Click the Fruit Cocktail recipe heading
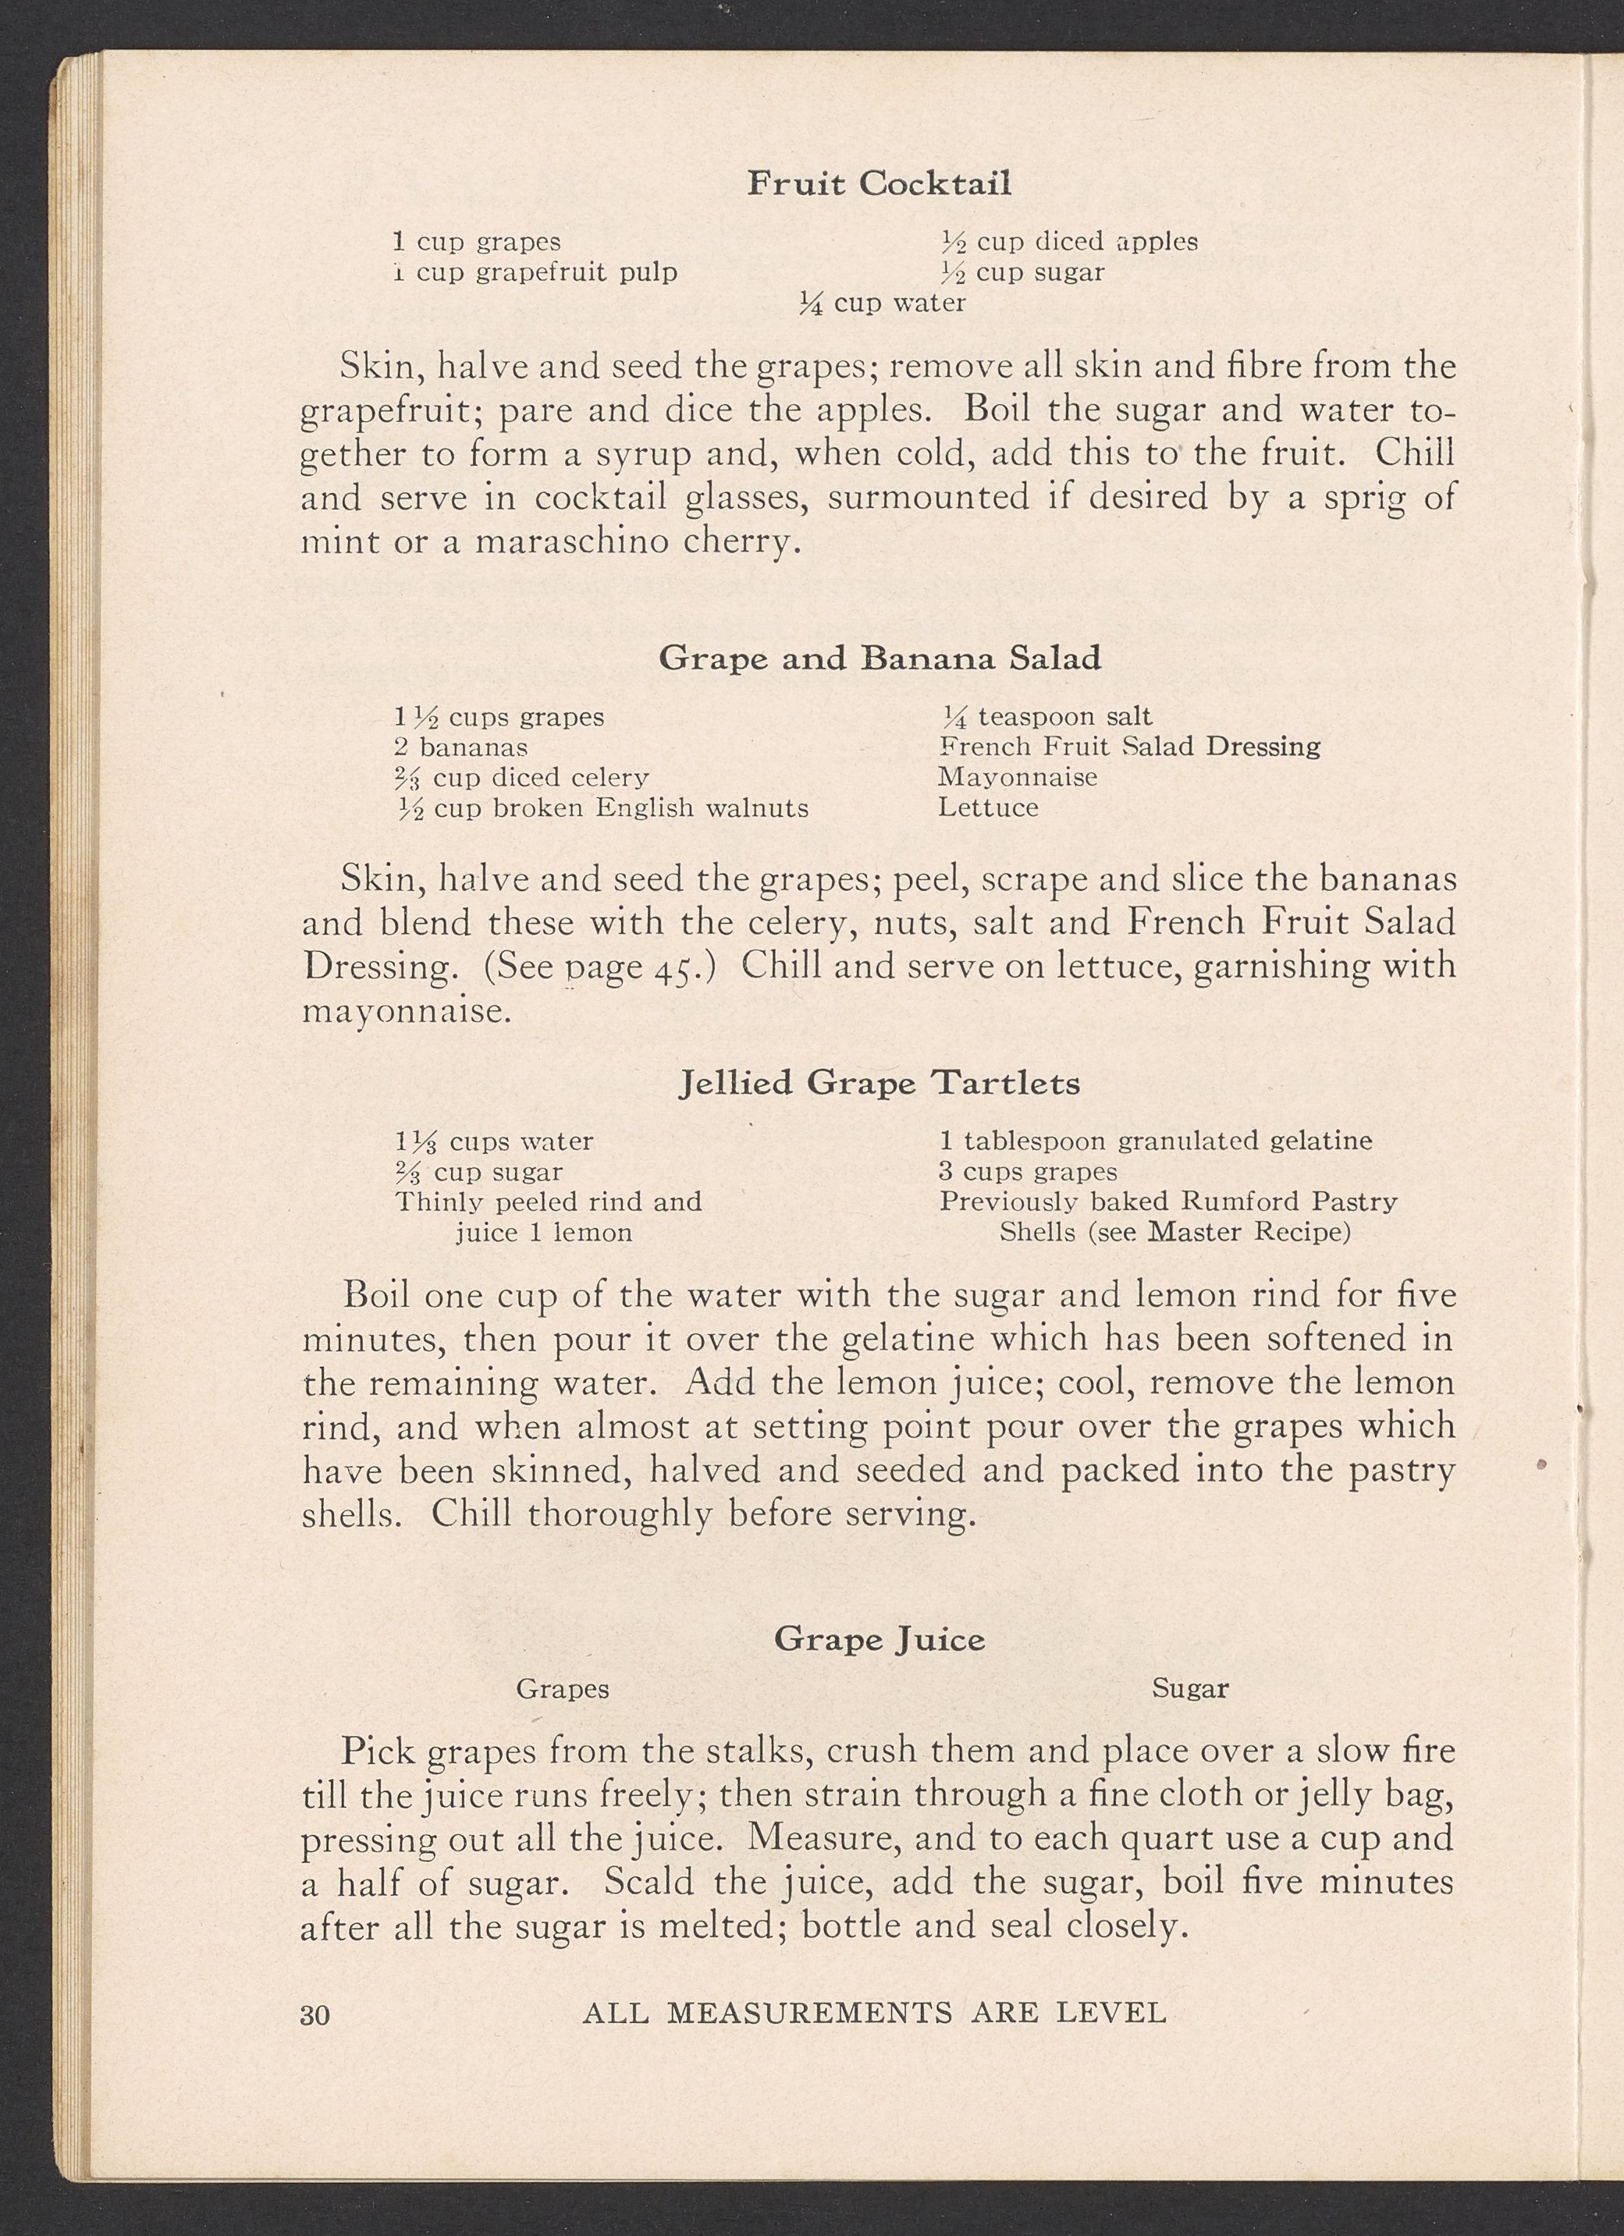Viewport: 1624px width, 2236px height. pos(879,184)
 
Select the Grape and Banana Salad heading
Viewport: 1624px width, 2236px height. pos(880,658)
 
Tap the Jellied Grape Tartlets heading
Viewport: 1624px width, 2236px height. pos(880,1084)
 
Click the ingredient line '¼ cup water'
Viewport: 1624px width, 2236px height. pos(882,303)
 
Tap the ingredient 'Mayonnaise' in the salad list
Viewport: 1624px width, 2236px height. pos(1018,777)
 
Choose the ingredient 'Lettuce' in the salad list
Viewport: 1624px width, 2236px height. pos(988,807)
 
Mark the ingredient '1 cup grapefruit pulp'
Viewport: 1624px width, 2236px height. pos(535,272)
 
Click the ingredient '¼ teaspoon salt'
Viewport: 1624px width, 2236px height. pos(1047,717)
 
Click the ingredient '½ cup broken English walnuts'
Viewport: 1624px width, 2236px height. pos(602,808)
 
